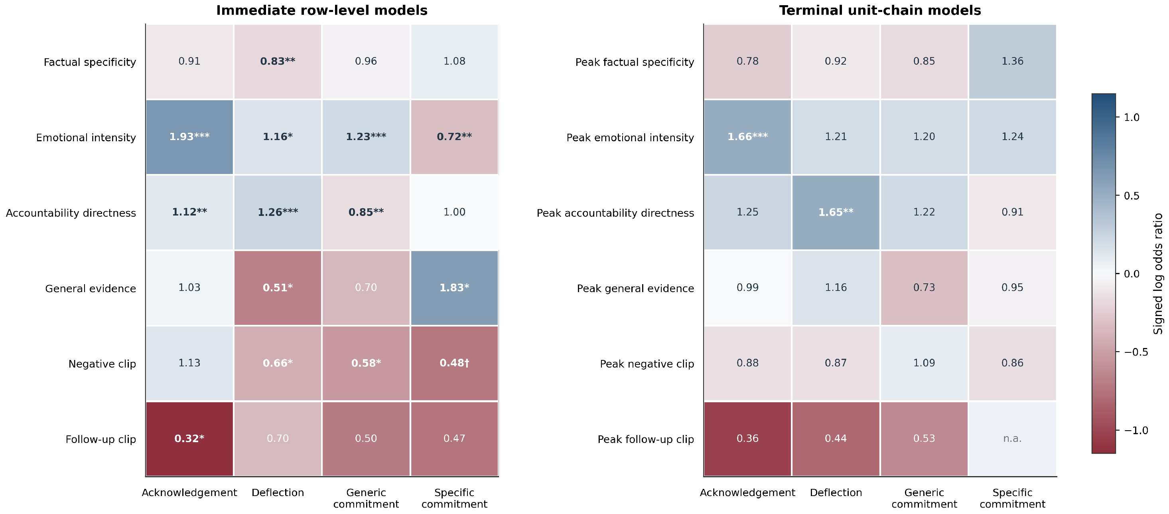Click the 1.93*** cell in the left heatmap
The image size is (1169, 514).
point(189,136)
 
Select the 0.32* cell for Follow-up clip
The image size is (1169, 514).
point(189,439)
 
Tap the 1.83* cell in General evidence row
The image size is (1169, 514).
point(454,288)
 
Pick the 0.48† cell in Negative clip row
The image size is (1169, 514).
point(454,363)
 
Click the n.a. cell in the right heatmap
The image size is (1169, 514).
point(1012,439)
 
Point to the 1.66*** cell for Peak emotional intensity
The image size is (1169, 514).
point(747,136)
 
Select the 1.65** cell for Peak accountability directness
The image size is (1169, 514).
point(836,212)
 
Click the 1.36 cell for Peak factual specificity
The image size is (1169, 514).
point(1012,61)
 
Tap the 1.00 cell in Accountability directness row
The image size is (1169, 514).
point(454,212)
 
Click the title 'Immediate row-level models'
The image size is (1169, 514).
point(322,10)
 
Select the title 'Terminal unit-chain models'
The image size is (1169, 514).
point(880,10)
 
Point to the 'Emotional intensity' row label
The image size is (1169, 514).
point(86,138)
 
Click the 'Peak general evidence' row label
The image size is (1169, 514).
point(635,289)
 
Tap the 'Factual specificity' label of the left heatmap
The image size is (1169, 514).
point(90,62)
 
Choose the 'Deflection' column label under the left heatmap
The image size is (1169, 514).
point(278,493)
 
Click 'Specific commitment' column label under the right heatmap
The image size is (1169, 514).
point(1012,498)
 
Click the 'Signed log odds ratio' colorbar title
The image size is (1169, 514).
point(1159,274)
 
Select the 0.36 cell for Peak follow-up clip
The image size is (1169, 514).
point(747,439)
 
